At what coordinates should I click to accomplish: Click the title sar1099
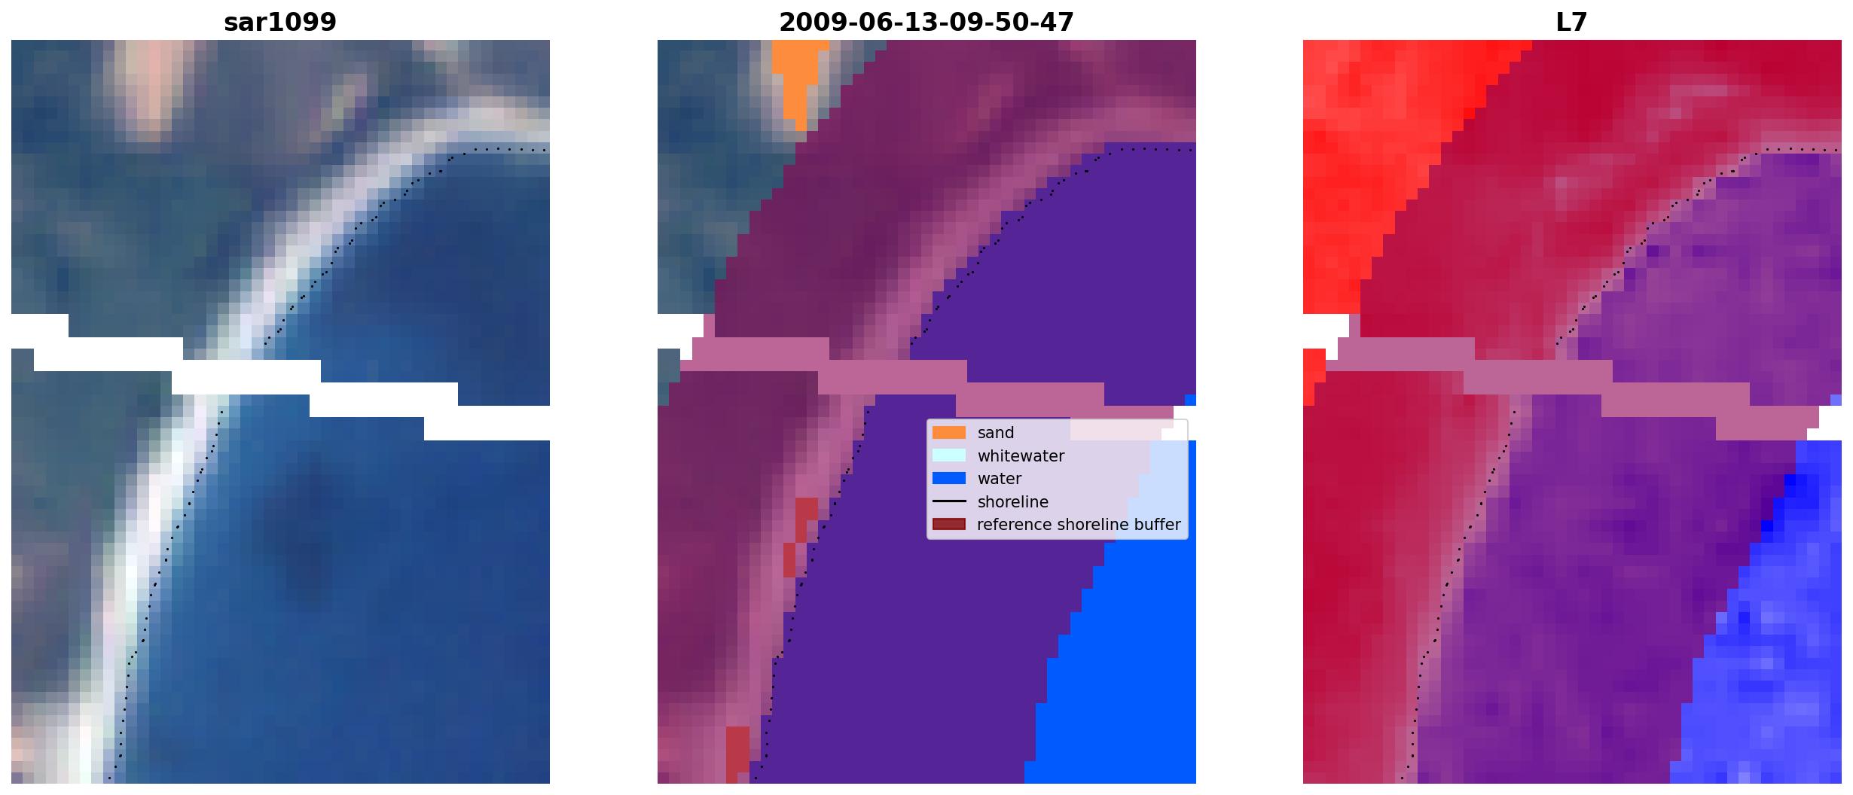coord(280,23)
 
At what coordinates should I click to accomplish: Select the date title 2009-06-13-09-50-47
coord(926,23)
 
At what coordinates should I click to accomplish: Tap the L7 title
coord(1572,23)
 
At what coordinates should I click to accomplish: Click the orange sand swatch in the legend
coord(949,433)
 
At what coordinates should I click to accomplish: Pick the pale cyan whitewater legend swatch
coord(949,455)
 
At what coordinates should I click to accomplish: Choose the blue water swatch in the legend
coord(949,479)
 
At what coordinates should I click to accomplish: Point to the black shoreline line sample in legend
coord(949,501)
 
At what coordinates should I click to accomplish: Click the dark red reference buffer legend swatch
coord(949,525)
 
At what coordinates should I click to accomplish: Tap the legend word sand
coord(996,433)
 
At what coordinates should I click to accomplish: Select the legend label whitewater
coord(1021,456)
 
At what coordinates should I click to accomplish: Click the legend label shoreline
coord(1012,502)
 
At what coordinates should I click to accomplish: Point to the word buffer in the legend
coord(1156,525)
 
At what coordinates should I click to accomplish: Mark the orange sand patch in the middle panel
coord(798,79)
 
